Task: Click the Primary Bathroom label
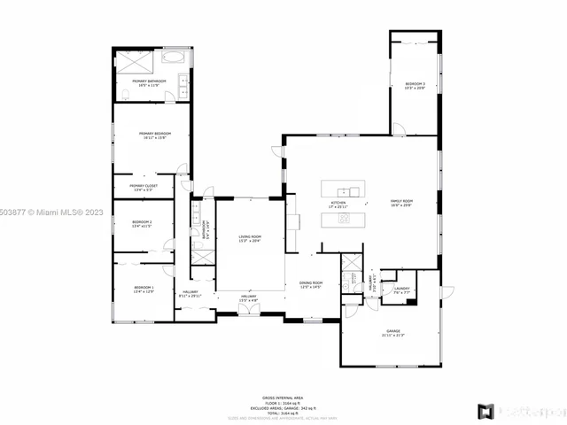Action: (151, 81)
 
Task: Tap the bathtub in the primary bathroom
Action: (174, 58)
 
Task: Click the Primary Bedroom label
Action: (154, 135)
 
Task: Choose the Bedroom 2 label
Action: (143, 223)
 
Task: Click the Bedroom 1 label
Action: (144, 289)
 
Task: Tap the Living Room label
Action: (249, 237)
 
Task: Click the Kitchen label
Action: (338, 204)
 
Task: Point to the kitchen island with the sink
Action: (341, 190)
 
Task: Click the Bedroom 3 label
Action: (416, 85)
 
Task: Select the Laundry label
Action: (401, 289)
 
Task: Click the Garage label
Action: (392, 333)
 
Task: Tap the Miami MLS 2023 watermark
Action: (53, 212)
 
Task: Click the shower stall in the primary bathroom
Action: (136, 59)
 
